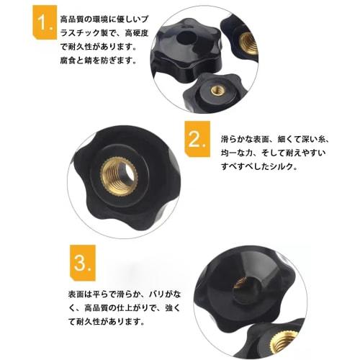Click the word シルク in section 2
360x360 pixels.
[x=284, y=166]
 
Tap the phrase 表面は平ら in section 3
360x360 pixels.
[x=81, y=294]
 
